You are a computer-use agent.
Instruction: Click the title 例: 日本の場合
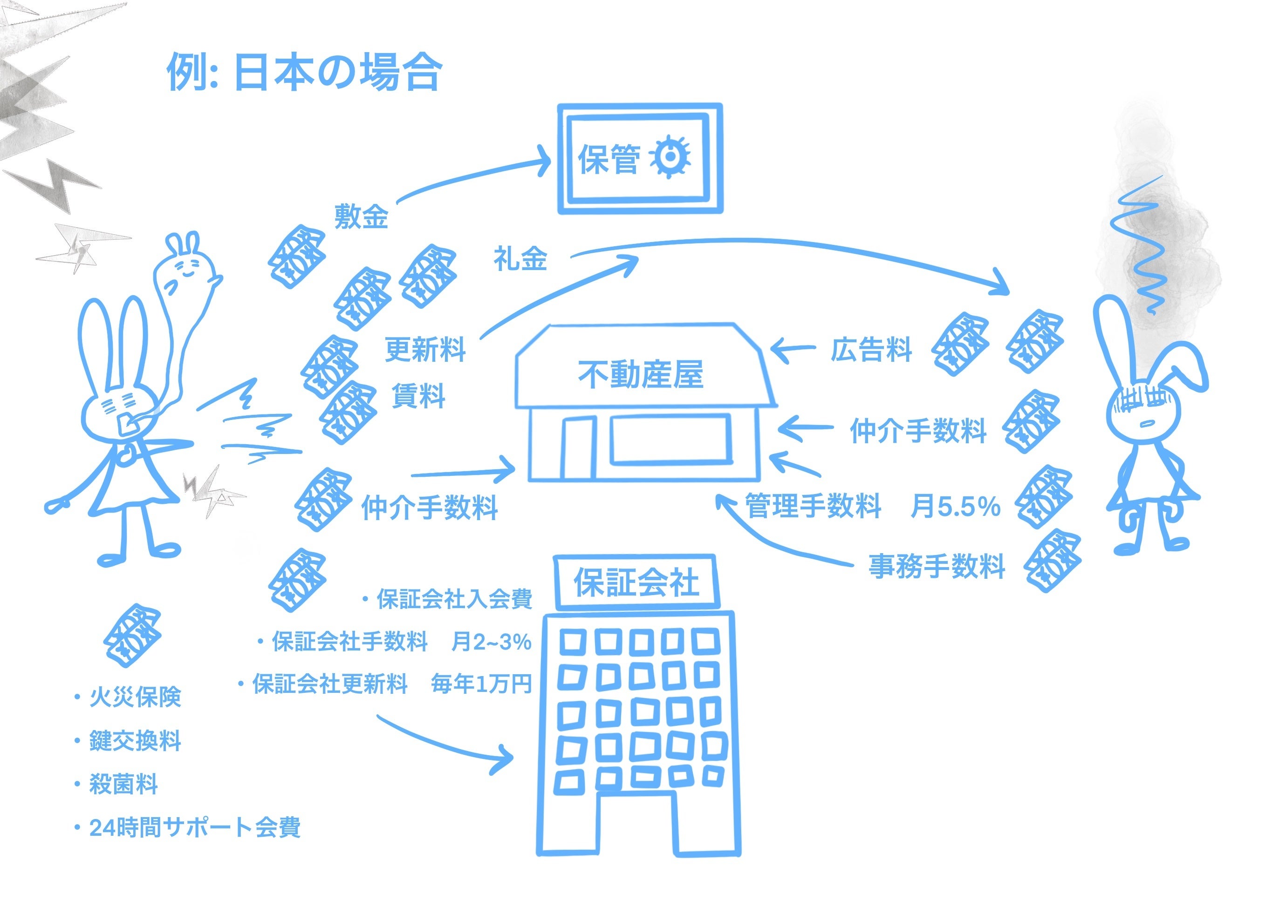point(304,73)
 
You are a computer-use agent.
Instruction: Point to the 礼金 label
point(520,260)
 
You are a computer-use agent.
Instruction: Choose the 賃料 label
point(418,396)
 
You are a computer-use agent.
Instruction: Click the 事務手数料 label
point(937,566)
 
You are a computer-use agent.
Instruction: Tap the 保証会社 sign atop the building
point(636,582)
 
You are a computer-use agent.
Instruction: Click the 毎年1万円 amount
point(481,684)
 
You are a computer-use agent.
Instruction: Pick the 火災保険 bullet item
point(135,697)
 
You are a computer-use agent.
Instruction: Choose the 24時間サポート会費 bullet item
point(195,827)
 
